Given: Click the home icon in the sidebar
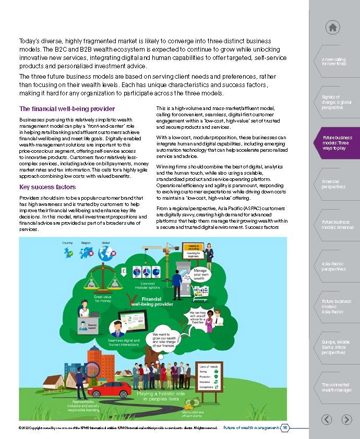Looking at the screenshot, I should tap(333, 27).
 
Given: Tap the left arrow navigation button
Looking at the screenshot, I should tap(327, 419).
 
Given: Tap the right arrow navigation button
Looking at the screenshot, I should tap(346, 419).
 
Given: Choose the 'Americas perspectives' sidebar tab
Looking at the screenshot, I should tap(333, 184).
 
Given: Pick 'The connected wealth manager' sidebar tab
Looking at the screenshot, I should tap(336, 387).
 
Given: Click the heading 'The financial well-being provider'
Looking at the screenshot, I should tap(67, 109).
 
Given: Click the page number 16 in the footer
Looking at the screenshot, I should tap(285, 428).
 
